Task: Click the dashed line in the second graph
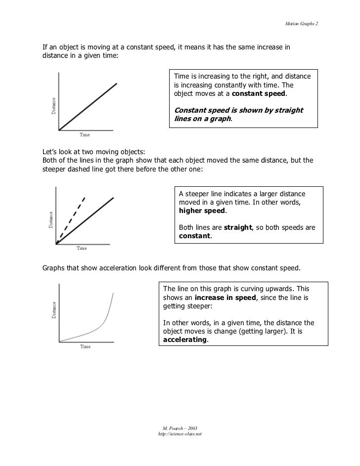coord(72,217)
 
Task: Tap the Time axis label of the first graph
coord(86,134)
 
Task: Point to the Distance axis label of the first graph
coord(53,105)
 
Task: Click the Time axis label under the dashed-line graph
coord(82,248)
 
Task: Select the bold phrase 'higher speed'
coord(202,211)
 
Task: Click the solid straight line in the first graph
coord(88,107)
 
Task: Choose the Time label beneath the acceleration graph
coord(85,347)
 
